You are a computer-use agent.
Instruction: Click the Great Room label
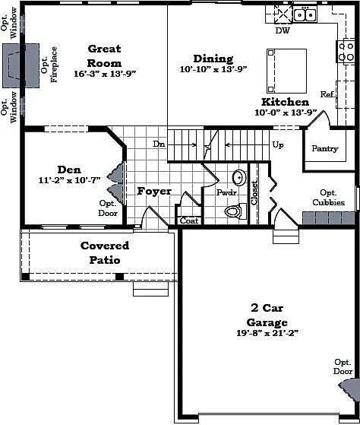(x=104, y=56)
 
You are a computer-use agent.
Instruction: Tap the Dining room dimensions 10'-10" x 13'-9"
(x=213, y=70)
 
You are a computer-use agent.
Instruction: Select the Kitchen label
(x=285, y=102)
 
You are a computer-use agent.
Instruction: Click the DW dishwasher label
(x=282, y=31)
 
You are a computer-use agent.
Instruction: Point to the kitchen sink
(x=305, y=14)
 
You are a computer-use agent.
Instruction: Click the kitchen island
(x=286, y=71)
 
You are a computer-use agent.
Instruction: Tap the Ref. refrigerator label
(x=327, y=94)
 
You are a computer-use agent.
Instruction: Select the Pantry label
(x=324, y=148)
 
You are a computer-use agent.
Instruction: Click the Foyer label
(x=154, y=191)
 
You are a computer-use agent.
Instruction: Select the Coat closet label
(x=188, y=221)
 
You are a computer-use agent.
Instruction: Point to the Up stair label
(x=278, y=144)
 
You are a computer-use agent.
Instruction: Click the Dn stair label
(x=159, y=144)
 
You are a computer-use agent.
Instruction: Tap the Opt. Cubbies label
(x=328, y=198)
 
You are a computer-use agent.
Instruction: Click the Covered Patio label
(x=105, y=252)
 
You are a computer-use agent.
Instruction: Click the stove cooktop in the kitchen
(x=346, y=52)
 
